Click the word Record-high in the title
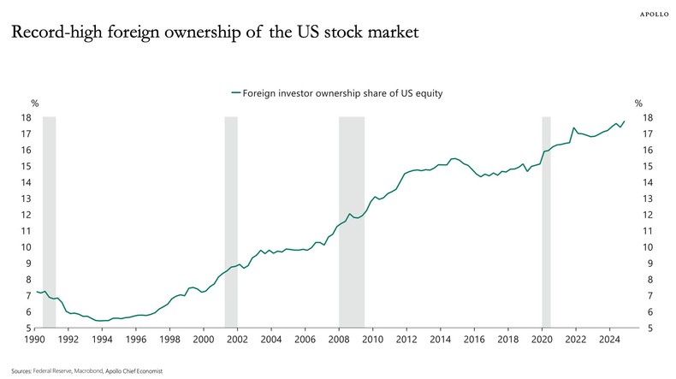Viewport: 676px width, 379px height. click(x=52, y=34)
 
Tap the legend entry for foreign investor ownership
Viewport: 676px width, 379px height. click(x=337, y=92)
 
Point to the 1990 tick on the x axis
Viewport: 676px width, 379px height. click(x=34, y=340)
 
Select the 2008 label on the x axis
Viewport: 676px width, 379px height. click(x=338, y=340)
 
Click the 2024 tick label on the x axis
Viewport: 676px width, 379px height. click(x=608, y=340)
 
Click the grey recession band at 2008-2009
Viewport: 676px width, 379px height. click(x=351, y=222)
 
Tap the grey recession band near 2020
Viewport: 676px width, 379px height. click(x=546, y=222)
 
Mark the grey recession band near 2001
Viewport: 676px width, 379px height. click(x=230, y=222)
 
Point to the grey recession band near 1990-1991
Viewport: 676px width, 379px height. click(x=49, y=222)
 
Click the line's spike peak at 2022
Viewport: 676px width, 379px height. click(x=574, y=127)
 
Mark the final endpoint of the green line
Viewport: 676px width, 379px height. click(x=625, y=121)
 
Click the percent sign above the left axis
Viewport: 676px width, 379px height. click(x=35, y=104)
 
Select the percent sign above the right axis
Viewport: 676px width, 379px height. click(x=638, y=104)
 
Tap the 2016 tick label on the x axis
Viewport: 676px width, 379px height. click(x=473, y=340)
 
